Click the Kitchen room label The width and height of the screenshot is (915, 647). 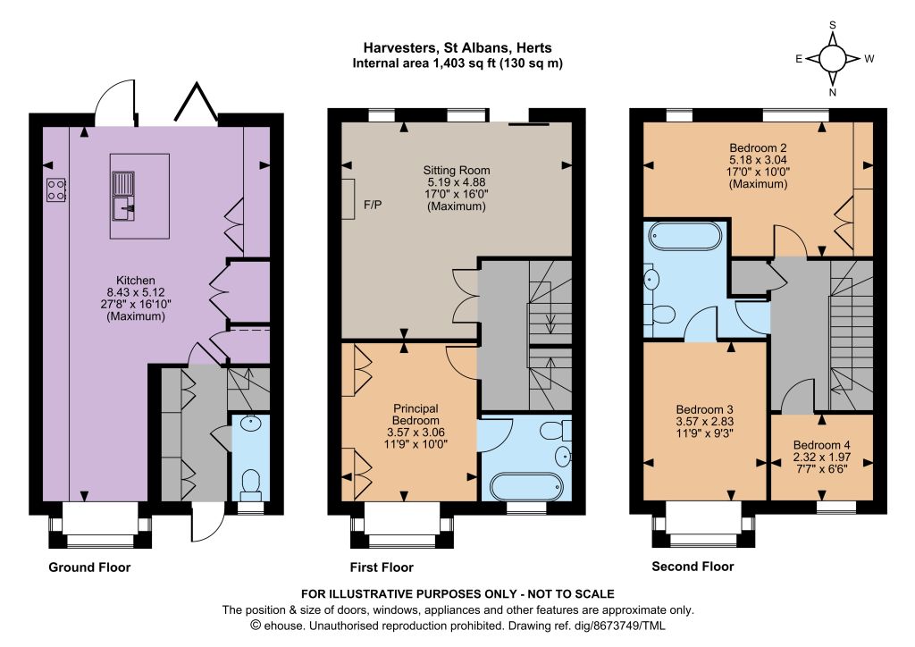point(136,280)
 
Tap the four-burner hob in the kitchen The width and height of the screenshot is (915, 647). point(56,189)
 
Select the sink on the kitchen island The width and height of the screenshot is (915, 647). point(123,196)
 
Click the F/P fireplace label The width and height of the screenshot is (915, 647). point(373,205)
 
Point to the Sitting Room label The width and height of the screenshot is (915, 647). point(457,171)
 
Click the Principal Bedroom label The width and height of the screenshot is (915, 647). point(416,415)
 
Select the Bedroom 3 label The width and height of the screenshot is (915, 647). point(704,409)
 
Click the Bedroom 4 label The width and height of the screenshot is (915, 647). point(821,445)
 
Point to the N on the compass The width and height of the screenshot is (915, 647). point(833,91)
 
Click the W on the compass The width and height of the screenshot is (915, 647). point(869,58)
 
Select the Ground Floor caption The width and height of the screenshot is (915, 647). point(89,567)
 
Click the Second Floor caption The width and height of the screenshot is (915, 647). point(693,566)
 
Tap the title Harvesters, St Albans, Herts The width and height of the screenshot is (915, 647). point(457,48)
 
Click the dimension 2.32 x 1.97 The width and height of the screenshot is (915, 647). point(822,458)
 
